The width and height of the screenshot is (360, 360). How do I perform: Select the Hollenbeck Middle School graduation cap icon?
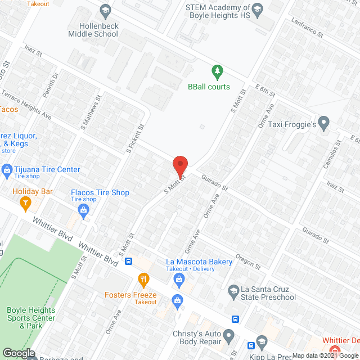tap(105, 10)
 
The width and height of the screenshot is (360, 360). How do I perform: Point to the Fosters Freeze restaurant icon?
tap(144, 278)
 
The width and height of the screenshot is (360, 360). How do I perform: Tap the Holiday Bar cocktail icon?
tap(25, 201)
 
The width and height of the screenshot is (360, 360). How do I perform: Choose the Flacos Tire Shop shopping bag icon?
tap(84, 210)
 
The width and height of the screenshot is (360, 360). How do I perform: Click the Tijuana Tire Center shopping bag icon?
tap(7, 169)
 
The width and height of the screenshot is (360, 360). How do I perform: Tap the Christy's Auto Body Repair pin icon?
tap(228, 336)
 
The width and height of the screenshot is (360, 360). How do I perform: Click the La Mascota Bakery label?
tap(199, 262)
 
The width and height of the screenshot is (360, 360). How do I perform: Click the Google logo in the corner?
tap(19, 353)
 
